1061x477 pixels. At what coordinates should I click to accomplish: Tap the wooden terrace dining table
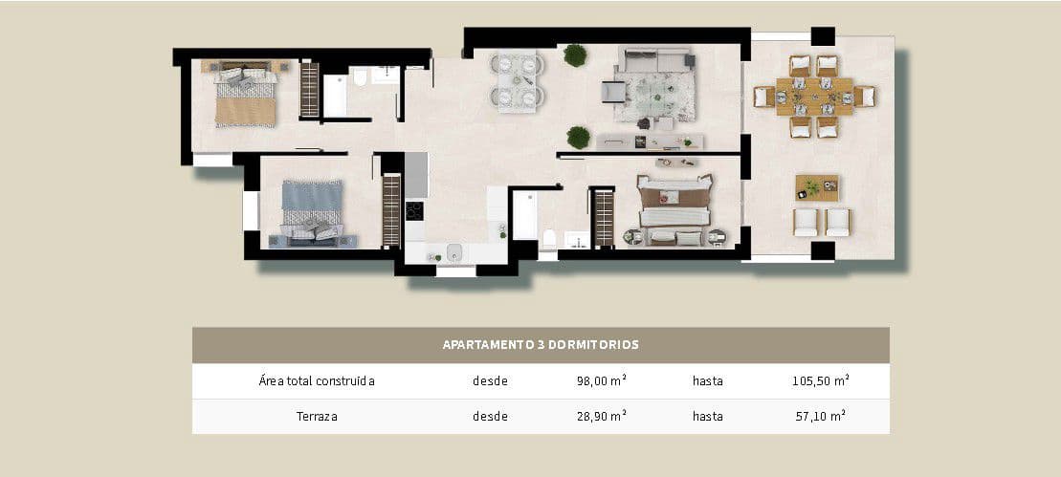coord(814,96)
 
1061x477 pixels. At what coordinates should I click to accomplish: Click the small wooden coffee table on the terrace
coord(816,187)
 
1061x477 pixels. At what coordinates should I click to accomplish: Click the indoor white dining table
coord(517,80)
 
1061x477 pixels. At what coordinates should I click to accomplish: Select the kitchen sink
coord(453,252)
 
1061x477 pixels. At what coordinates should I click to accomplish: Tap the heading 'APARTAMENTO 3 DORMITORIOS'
coord(541,344)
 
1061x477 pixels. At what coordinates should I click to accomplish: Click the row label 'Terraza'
coord(317,416)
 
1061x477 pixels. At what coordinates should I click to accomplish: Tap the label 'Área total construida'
coord(317,380)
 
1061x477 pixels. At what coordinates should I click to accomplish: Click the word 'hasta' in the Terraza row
coord(708,416)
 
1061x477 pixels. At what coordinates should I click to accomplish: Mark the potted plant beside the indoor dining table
coord(575,55)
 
